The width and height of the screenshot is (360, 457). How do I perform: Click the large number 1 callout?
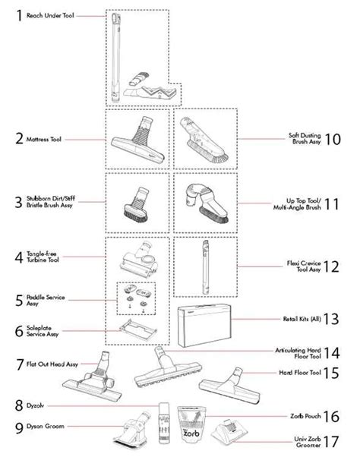coord(9,15)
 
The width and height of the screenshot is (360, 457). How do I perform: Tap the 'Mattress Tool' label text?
coord(44,140)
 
